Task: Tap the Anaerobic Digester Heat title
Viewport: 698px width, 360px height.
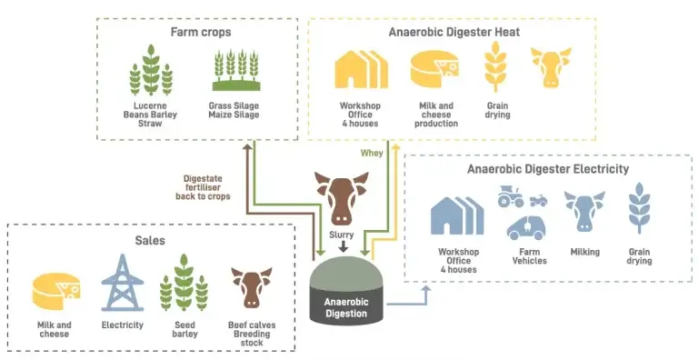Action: coord(453,33)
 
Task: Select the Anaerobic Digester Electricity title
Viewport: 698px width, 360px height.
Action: coord(547,168)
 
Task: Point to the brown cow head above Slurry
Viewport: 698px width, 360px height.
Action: coord(342,195)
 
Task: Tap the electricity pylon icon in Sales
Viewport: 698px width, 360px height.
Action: coord(122,283)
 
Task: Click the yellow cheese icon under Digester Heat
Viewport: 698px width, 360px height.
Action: coord(435,68)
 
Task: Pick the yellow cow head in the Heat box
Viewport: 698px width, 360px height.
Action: coord(551,67)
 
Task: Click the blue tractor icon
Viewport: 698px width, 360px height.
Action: coord(511,196)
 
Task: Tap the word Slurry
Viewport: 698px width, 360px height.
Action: coord(342,235)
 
